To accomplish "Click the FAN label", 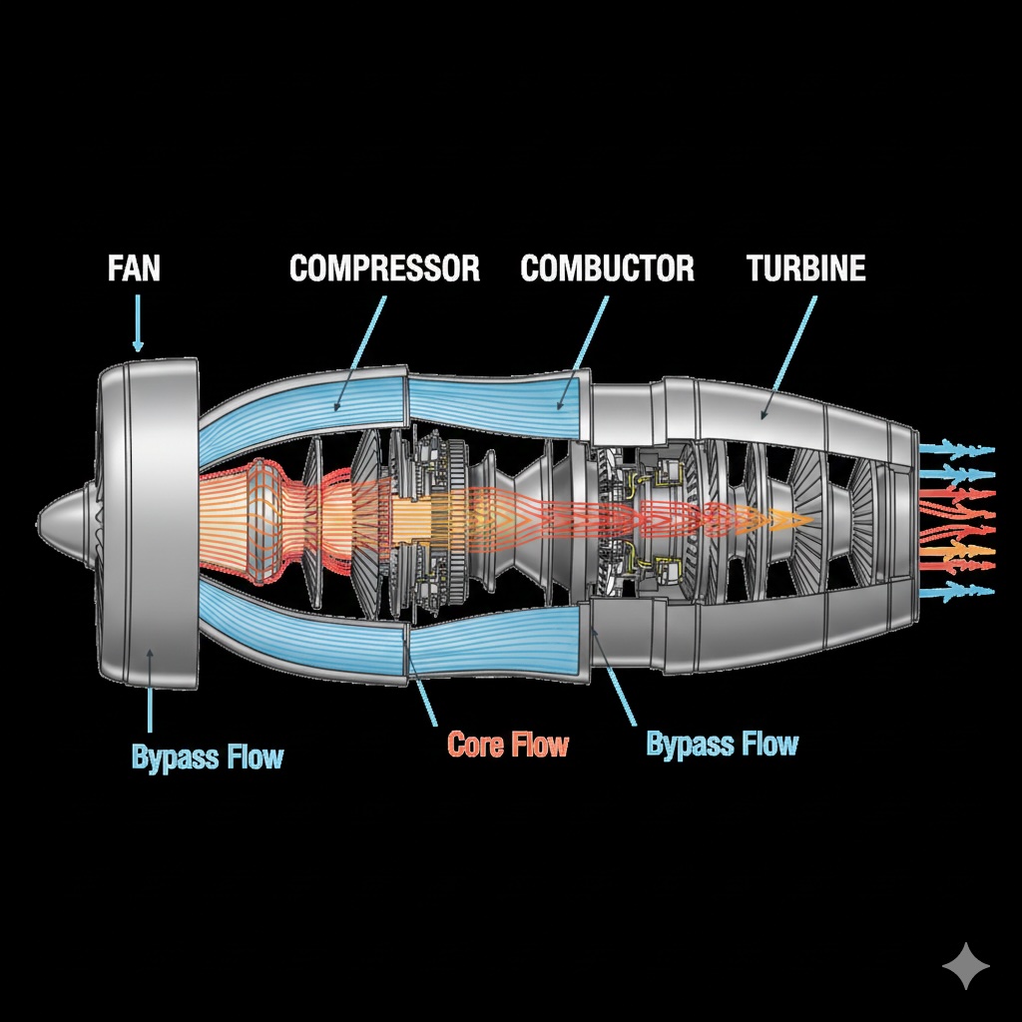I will (134, 269).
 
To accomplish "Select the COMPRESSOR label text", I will (384, 268).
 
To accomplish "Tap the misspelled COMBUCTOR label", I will (607, 268).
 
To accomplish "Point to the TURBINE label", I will (805, 268).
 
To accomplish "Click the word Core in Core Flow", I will (476, 745).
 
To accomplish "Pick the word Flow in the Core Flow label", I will (539, 745).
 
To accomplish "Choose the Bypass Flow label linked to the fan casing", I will (207, 757).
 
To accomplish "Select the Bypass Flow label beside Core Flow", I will (722, 745).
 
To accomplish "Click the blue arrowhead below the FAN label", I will (138, 345).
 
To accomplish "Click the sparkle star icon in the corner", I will (966, 966).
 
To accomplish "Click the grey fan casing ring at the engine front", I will (150, 519).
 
